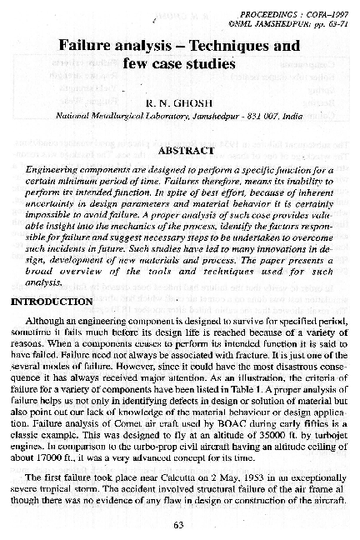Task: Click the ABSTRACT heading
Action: [179, 152]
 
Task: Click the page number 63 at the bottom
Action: [178, 524]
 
